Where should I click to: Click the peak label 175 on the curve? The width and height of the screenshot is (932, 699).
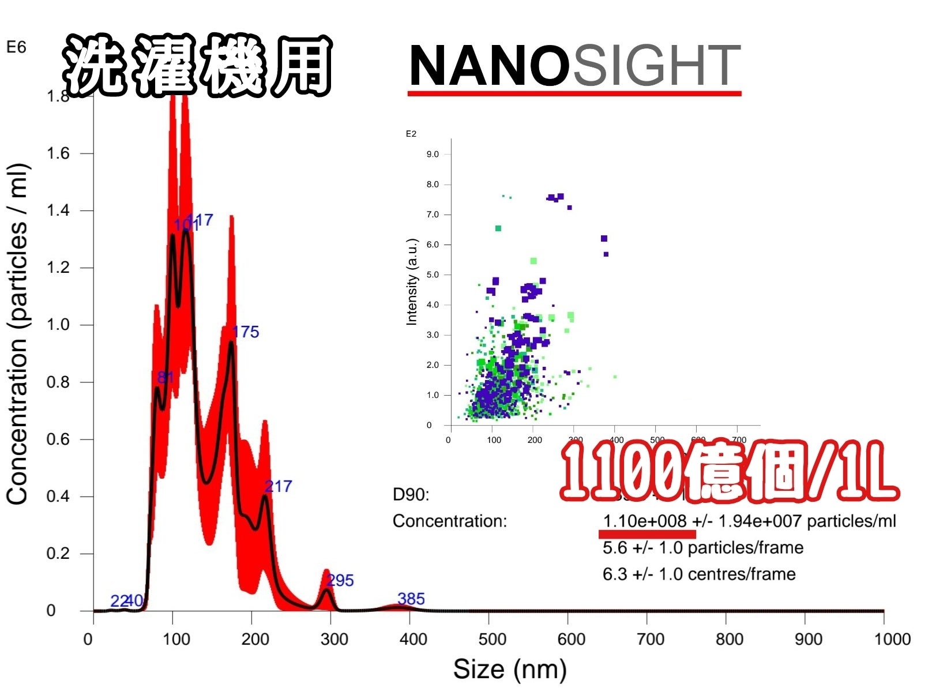point(245,332)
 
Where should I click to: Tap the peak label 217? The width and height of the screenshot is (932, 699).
point(278,486)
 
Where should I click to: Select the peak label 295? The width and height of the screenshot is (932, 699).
point(340,580)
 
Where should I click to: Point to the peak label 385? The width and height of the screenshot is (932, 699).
point(411,599)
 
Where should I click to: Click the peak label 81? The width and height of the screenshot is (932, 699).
point(166,377)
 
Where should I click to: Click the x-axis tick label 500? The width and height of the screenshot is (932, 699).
point(492,639)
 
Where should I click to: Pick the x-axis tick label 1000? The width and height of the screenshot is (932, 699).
point(892,639)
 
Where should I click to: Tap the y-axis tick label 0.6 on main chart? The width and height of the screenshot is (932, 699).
point(58,439)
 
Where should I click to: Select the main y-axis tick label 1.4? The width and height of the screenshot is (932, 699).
point(58,211)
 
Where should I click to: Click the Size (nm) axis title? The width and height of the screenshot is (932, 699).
point(510,670)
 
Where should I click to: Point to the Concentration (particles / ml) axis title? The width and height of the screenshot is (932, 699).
point(17,335)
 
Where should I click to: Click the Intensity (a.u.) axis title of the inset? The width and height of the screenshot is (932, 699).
point(412,282)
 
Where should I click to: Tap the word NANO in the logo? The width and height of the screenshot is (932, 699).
point(489,66)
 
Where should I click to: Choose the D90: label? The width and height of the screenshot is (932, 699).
point(411,494)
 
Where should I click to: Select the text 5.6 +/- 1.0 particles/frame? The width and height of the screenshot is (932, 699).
point(702,548)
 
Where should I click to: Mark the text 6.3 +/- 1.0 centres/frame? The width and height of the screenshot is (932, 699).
point(698,574)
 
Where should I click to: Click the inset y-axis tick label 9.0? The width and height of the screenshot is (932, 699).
point(433,155)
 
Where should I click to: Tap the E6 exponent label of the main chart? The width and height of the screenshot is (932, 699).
point(16,47)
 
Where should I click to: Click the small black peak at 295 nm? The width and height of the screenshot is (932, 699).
point(327,591)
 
